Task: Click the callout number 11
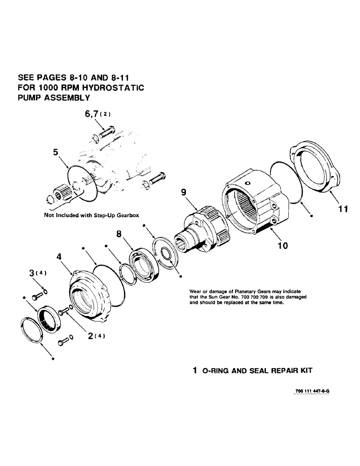point(343,209)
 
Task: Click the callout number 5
point(56,152)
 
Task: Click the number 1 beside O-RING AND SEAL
point(195,371)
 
